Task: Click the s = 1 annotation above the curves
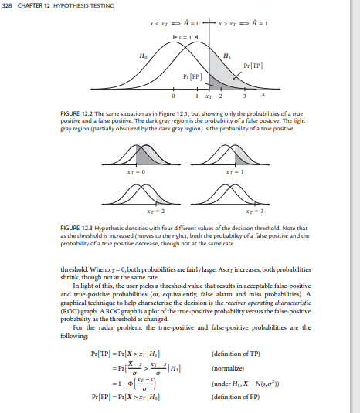(x=185, y=35)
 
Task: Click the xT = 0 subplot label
(x=148, y=178)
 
